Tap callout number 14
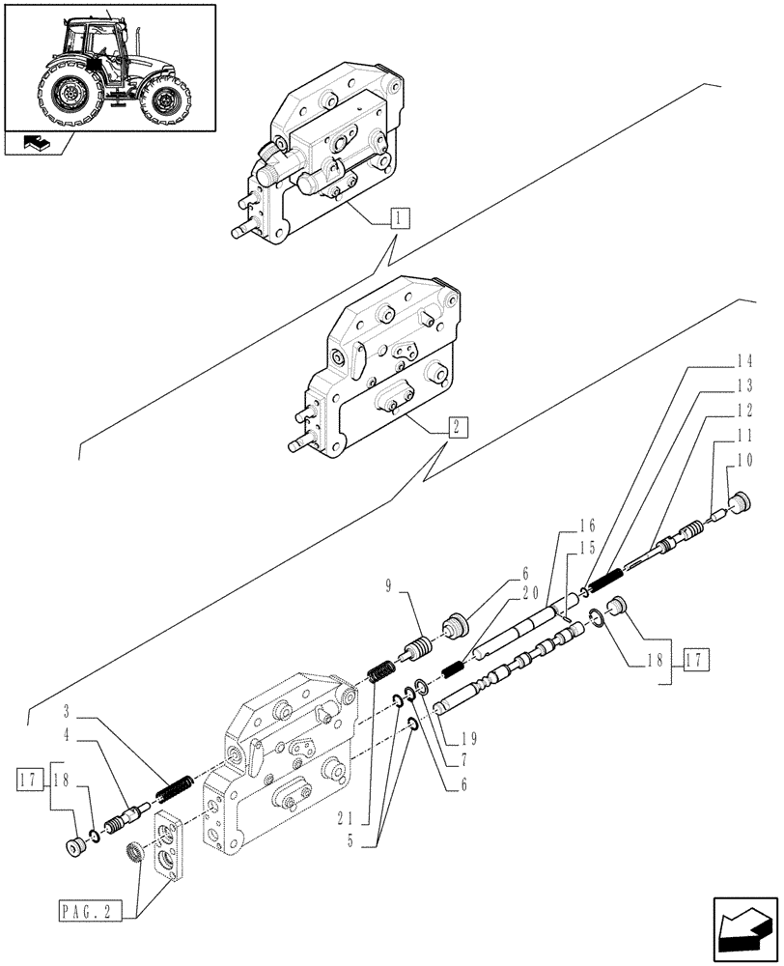(742, 364)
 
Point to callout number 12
(742, 410)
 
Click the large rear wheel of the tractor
(67, 95)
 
